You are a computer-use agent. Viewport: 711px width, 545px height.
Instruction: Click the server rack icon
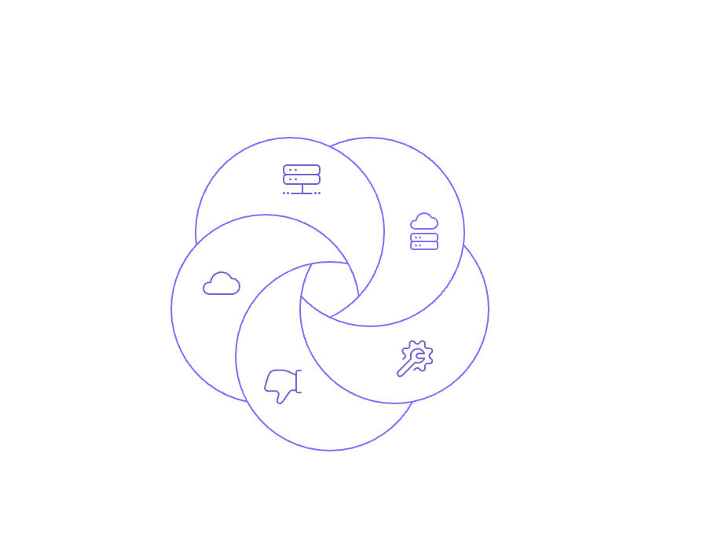click(302, 179)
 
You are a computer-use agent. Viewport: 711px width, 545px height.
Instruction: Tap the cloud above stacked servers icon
click(424, 231)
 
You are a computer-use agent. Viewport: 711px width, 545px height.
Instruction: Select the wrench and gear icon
click(413, 359)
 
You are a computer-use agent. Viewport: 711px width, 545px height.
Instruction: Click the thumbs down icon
click(284, 385)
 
